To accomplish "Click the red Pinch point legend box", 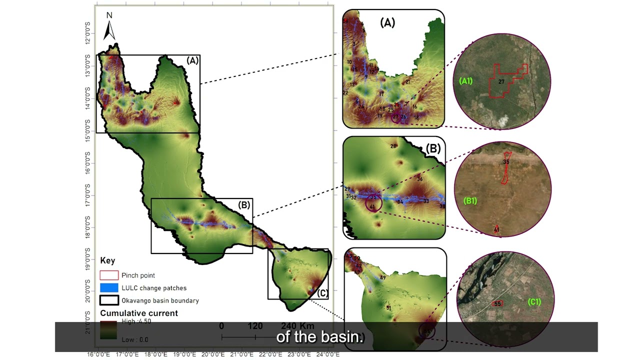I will [109, 275].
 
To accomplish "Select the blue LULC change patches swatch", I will [109, 288].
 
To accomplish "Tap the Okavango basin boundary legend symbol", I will [109, 300].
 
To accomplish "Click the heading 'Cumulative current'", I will [139, 313].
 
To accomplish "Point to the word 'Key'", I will [107, 260].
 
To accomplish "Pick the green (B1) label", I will [470, 201].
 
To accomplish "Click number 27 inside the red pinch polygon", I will [501, 81].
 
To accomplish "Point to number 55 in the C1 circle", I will [497, 303].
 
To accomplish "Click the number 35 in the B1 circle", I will [506, 162].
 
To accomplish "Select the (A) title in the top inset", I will [387, 22].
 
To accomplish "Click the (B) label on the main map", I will [244, 204].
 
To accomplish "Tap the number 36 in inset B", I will [419, 179].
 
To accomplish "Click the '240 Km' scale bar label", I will [297, 326].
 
